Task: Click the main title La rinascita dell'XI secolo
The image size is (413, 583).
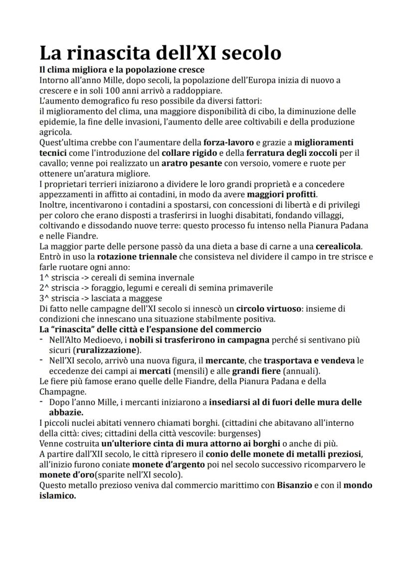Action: click(x=160, y=52)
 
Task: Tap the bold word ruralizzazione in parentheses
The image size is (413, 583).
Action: click(x=107, y=350)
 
